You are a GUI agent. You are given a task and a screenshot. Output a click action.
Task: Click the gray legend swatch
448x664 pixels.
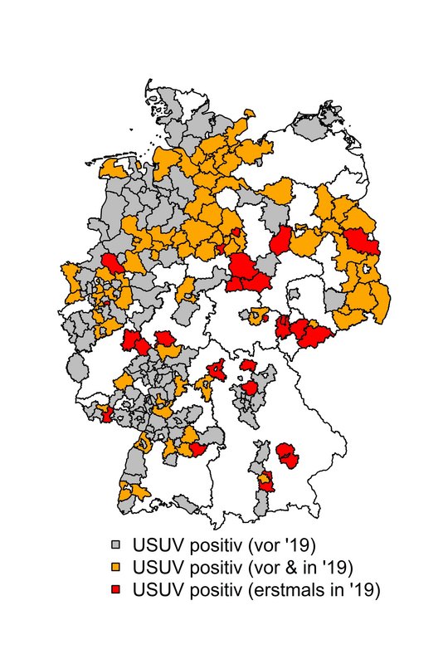click(x=116, y=545)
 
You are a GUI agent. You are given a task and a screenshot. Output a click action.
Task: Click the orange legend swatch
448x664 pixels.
click(x=116, y=568)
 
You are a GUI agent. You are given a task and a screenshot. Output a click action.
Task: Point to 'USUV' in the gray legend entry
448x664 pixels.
click(x=158, y=545)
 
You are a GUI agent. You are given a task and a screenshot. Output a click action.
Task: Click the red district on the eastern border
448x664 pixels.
click(x=362, y=242)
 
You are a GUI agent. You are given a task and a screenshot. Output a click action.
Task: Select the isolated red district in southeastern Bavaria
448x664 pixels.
click(x=288, y=455)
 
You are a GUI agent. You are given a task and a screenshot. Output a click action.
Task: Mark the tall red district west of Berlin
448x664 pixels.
click(x=281, y=241)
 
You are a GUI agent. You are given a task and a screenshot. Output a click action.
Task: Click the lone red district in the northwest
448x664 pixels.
click(x=113, y=265)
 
